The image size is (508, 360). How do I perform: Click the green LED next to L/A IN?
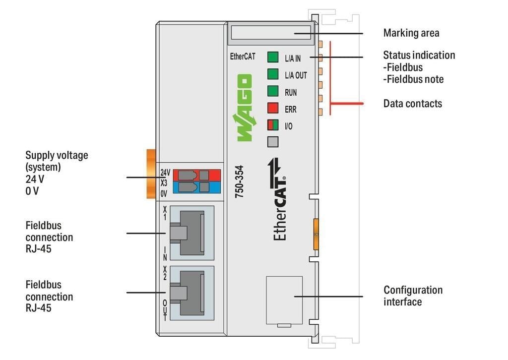(x=273, y=57)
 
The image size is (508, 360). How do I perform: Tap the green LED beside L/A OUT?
(x=273, y=74)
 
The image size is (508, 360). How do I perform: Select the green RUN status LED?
(x=273, y=91)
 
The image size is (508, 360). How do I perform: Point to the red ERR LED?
(x=273, y=108)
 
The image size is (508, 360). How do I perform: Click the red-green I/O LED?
(x=273, y=125)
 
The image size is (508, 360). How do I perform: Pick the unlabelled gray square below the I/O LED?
(x=273, y=142)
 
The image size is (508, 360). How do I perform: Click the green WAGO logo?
(x=244, y=108)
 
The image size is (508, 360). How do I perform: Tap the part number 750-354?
(x=240, y=181)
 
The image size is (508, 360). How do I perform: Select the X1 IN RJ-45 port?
(x=191, y=232)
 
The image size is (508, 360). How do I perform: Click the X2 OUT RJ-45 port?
(x=191, y=292)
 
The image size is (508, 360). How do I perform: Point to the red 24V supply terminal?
(x=196, y=175)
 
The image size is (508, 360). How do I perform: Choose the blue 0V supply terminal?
(x=196, y=186)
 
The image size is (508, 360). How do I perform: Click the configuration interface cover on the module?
(x=284, y=300)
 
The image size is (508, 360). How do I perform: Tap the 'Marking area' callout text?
(x=411, y=33)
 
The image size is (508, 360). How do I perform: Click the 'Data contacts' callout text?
(x=412, y=104)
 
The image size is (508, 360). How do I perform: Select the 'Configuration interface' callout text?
(x=413, y=296)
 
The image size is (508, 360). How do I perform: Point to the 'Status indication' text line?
(x=419, y=55)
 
